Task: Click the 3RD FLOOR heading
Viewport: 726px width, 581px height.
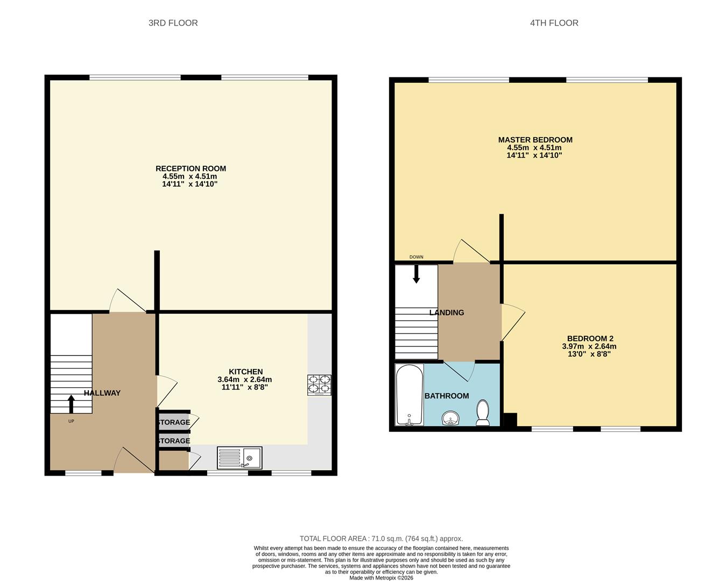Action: pos(173,23)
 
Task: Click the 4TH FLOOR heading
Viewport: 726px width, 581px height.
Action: pos(554,23)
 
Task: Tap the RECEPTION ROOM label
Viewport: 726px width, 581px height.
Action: pos(191,168)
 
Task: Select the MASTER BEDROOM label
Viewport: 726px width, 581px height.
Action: pos(535,140)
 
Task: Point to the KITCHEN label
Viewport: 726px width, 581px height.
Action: pos(245,372)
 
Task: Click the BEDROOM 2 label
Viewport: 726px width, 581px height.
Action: pos(590,338)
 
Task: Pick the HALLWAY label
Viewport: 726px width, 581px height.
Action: pos(102,393)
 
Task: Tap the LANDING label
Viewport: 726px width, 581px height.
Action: pos(446,313)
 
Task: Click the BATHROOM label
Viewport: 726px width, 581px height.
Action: pos(446,396)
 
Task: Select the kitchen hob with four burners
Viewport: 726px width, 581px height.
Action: pos(319,385)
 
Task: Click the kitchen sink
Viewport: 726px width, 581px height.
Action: pos(240,458)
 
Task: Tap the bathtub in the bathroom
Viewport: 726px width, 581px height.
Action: pos(409,395)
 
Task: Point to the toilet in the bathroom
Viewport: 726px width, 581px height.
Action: pos(483,413)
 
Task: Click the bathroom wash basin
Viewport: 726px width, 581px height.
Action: pos(450,418)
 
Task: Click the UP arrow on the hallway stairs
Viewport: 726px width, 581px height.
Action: pos(71,403)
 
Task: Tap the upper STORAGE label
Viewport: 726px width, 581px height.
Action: pos(173,422)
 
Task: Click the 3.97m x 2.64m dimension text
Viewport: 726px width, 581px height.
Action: pos(589,346)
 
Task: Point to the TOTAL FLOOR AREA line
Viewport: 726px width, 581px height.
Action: pos(381,539)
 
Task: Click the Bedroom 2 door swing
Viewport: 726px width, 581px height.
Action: pos(512,322)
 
